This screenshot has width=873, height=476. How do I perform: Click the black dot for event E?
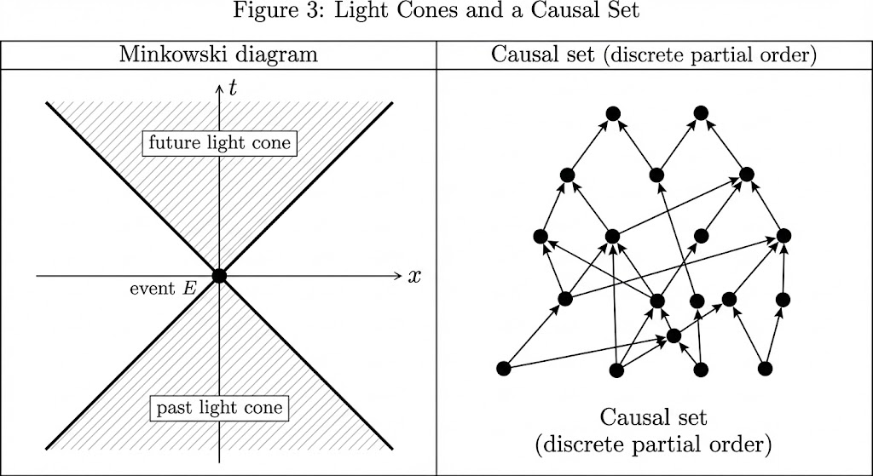(x=219, y=276)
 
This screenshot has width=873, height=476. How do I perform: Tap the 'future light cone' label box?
(x=219, y=143)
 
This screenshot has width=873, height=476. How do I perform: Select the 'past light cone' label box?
(x=219, y=408)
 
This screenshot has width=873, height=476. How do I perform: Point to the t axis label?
(x=232, y=88)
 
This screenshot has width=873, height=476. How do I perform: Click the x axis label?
(x=415, y=276)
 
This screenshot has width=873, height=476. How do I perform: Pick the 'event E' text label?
(x=163, y=288)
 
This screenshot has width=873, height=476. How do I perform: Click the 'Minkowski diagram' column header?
(x=219, y=55)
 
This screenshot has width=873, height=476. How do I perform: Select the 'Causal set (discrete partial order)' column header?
(x=655, y=55)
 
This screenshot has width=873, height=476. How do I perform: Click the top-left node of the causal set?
(x=612, y=113)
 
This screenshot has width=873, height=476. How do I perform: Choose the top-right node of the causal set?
(x=701, y=113)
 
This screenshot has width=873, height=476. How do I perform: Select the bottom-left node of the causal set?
(x=503, y=369)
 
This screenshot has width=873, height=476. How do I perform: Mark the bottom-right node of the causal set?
(x=765, y=368)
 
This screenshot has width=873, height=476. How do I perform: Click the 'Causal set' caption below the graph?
(x=654, y=418)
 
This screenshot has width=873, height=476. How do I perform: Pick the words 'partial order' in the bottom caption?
(x=715, y=444)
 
